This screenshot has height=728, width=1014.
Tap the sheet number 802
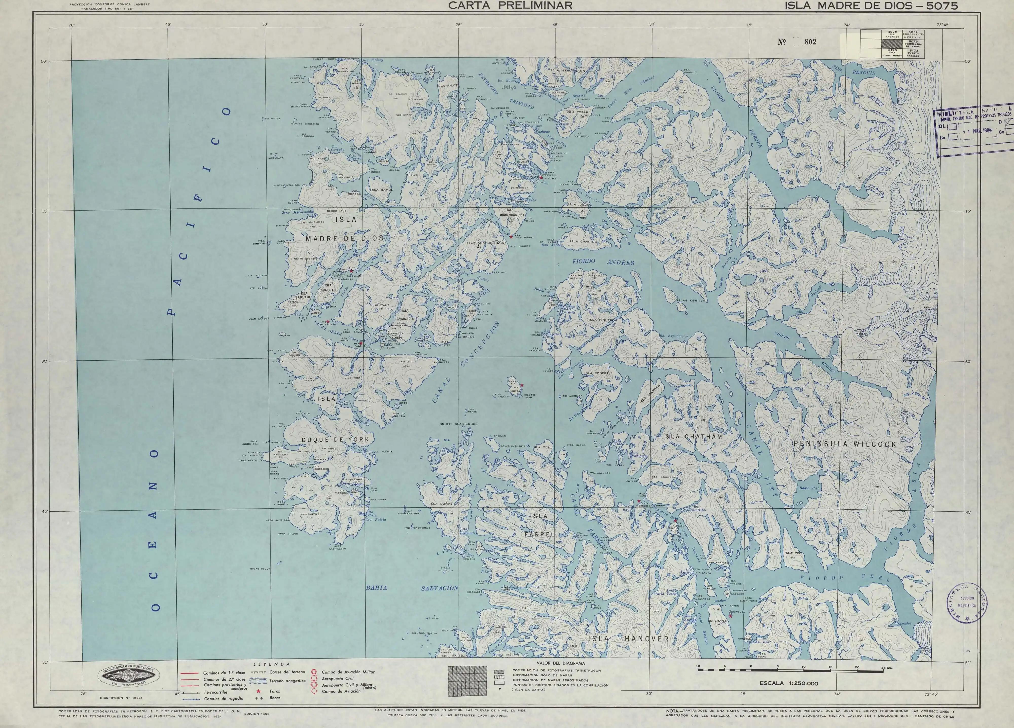point(810,42)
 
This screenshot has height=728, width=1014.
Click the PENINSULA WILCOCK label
point(845,444)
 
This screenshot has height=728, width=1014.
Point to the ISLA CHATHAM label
point(692,436)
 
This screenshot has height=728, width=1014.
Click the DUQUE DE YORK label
point(335,439)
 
